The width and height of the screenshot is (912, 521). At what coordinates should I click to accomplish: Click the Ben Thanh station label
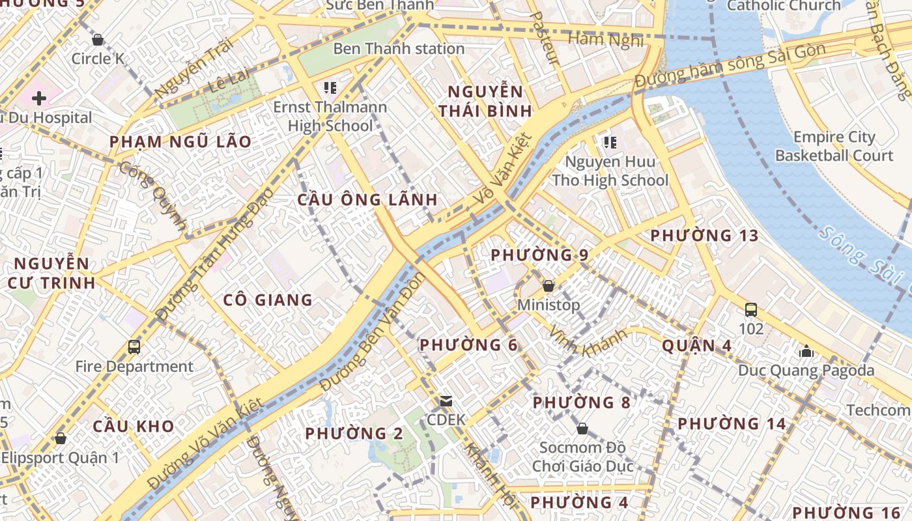(x=399, y=49)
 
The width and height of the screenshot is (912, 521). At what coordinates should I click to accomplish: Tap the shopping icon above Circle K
(x=98, y=40)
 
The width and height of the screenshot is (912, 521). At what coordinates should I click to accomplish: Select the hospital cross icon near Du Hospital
(x=39, y=98)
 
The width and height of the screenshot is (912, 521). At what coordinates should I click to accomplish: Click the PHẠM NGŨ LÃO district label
(x=180, y=142)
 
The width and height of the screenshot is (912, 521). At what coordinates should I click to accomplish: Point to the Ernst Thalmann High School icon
(x=330, y=87)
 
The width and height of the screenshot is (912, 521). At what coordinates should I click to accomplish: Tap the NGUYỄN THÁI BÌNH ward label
(x=485, y=101)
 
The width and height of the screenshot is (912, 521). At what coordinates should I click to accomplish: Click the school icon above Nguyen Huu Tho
(x=610, y=142)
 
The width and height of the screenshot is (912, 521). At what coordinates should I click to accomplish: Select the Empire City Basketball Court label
(x=834, y=147)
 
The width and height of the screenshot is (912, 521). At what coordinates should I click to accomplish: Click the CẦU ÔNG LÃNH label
(x=367, y=200)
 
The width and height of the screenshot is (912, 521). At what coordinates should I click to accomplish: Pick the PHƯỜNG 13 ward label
(x=705, y=235)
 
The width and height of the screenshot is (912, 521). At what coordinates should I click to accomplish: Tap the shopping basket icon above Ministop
(x=549, y=286)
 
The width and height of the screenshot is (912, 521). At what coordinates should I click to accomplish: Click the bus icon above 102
(x=751, y=309)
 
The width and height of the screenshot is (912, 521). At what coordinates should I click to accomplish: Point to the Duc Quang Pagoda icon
(x=806, y=352)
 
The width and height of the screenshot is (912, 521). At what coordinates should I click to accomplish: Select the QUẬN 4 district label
(x=697, y=346)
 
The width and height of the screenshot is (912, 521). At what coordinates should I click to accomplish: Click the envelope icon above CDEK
(x=446, y=401)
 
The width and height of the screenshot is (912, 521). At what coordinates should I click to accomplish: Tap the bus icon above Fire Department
(x=134, y=347)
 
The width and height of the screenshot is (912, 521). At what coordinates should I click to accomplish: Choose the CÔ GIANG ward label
(x=268, y=300)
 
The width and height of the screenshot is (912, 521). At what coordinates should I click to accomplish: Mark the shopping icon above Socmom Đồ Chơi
(x=582, y=429)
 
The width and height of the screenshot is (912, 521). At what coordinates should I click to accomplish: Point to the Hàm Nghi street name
(x=606, y=40)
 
